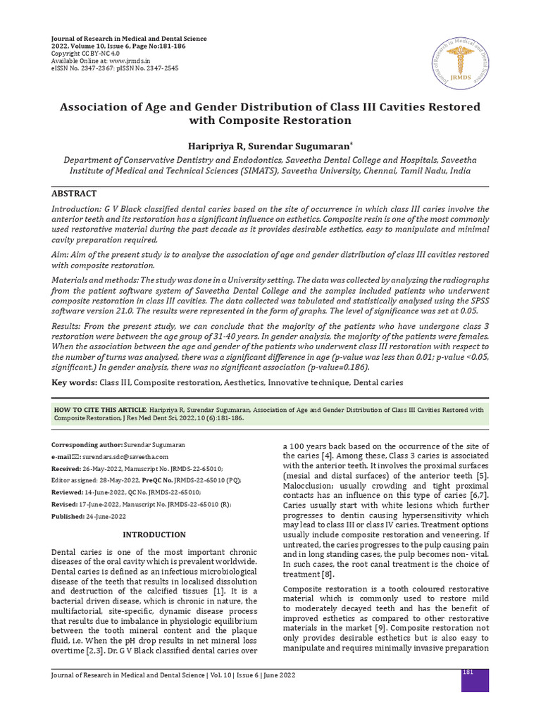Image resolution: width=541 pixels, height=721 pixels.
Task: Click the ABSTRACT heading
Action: (74, 194)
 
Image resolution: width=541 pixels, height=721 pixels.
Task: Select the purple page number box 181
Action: (475, 680)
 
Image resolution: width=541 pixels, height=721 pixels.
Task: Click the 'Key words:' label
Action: (74, 382)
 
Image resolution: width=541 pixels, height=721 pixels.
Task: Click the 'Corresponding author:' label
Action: (87, 446)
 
